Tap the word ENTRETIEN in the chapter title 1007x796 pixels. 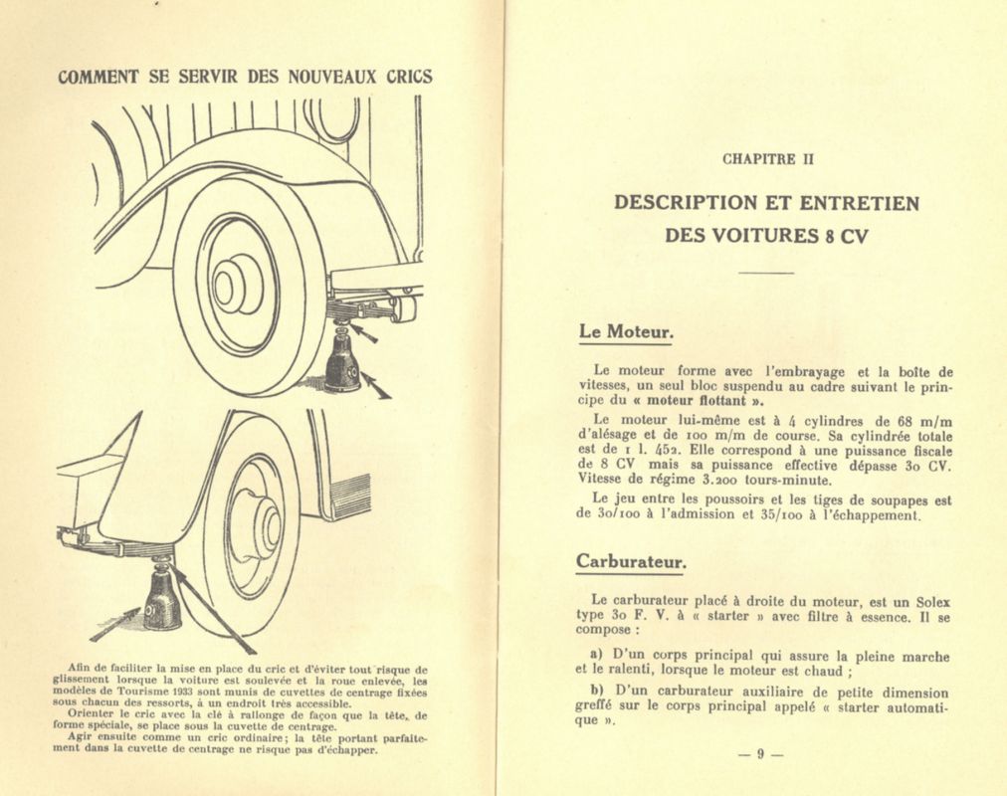856,203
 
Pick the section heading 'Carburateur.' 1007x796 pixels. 631,562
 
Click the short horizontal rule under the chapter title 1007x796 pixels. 766,273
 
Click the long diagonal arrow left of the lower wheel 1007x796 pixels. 212,609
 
